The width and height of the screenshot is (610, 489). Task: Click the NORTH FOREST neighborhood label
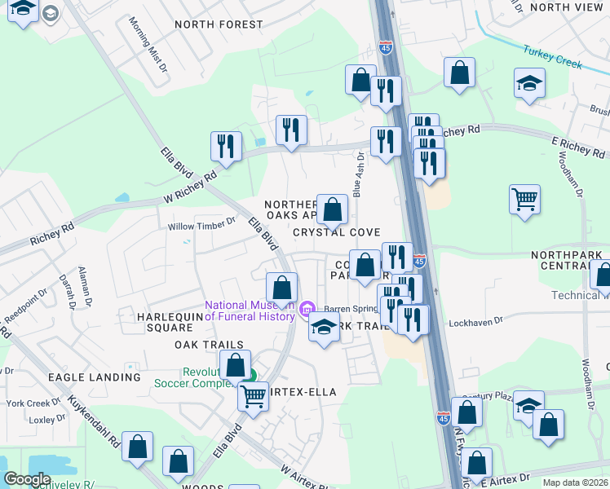click(219, 24)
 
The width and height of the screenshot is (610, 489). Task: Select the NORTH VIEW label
click(566, 7)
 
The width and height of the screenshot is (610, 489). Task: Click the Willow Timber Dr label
click(201, 227)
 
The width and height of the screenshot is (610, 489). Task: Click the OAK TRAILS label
click(186, 345)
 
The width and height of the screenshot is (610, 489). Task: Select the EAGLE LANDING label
click(94, 377)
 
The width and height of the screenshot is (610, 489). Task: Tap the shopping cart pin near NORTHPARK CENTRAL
click(524, 198)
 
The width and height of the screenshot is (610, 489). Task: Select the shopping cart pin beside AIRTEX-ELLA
click(253, 397)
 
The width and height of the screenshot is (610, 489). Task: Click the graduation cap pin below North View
click(529, 83)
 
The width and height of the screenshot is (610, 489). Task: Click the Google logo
click(28, 479)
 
